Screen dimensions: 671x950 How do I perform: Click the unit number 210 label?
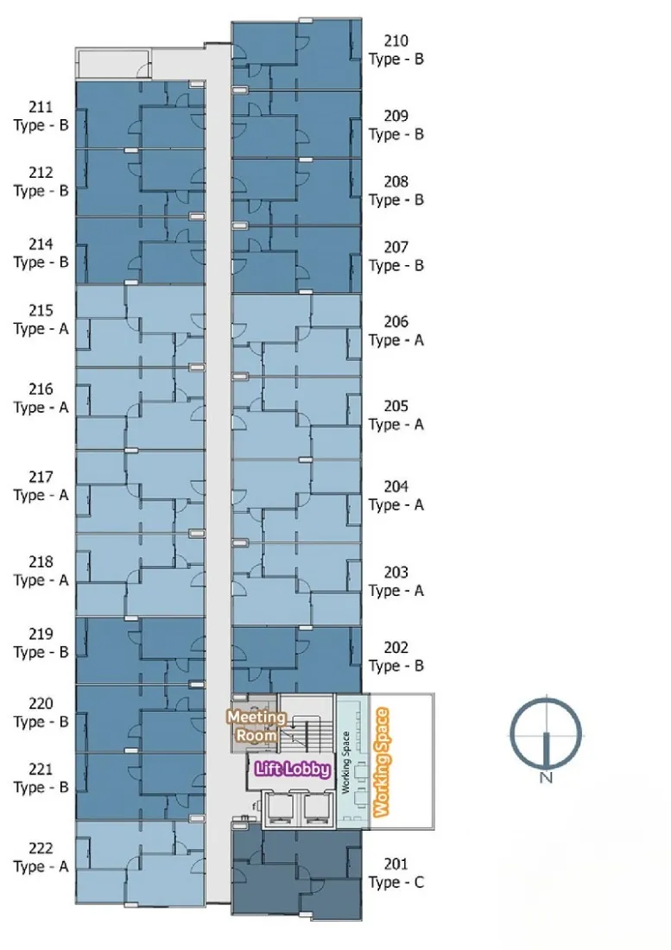[x=396, y=41]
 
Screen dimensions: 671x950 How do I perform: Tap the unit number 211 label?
[x=41, y=106]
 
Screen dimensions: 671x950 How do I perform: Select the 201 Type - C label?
[x=396, y=873]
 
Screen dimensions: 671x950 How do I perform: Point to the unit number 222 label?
[x=41, y=848]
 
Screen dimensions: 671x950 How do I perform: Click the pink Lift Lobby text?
[x=293, y=769]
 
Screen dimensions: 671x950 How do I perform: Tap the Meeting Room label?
[x=256, y=725]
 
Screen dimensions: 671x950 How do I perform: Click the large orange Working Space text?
[x=381, y=762]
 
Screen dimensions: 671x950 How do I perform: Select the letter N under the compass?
[x=546, y=777]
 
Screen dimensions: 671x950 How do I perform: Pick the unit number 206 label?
[x=396, y=321]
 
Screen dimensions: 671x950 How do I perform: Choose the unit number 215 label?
[x=41, y=310]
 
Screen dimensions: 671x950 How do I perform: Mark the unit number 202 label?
[x=396, y=647]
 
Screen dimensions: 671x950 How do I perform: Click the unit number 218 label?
[x=41, y=561]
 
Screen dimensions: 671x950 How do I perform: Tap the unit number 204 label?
[x=396, y=486]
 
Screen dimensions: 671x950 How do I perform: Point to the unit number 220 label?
[x=41, y=703]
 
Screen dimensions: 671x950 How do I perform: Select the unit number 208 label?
[x=396, y=181]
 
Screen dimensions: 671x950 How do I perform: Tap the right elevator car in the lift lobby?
[x=317, y=808]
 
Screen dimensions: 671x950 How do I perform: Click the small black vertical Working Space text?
[x=346, y=763]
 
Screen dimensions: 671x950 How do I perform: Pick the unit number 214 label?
[x=41, y=244]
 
